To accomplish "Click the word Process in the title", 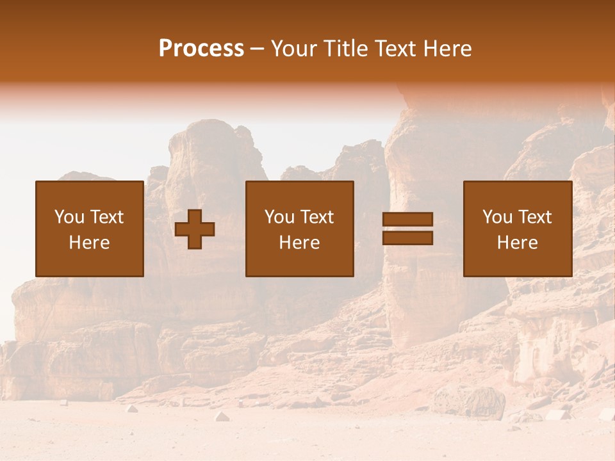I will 201,49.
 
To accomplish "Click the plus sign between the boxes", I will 195,229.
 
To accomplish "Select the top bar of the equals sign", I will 407,220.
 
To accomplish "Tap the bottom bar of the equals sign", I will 407,238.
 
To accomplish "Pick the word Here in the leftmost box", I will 89,243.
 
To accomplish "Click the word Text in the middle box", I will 316,217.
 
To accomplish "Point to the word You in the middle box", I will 279,217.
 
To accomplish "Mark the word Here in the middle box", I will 299,243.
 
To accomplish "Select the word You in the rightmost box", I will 496,217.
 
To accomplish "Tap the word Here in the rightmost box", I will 517,243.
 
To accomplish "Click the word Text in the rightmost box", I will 534,217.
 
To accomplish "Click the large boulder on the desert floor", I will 470,402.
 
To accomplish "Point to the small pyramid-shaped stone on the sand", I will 222,416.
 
